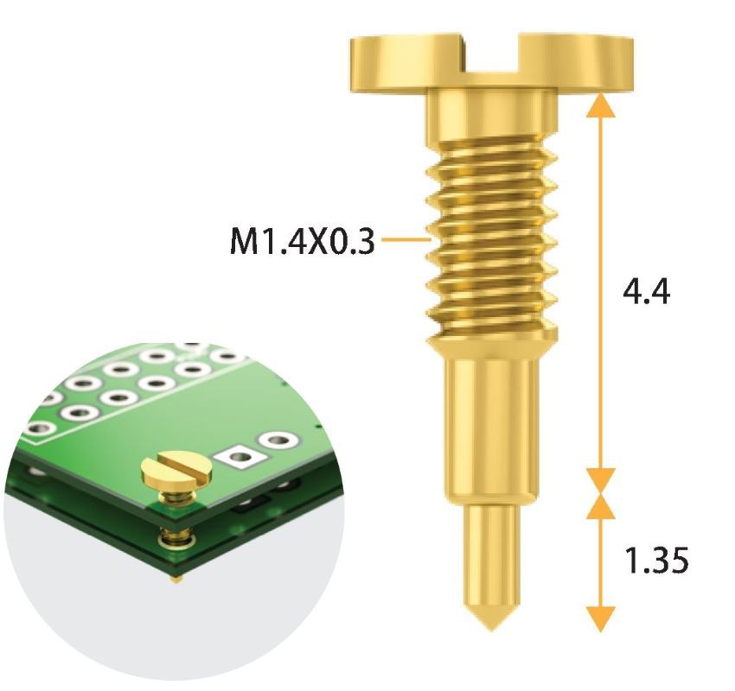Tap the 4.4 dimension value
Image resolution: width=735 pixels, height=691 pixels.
click(646, 292)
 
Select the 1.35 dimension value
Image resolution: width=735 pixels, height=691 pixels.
click(656, 561)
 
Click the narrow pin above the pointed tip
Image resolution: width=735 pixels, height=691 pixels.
click(490, 553)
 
